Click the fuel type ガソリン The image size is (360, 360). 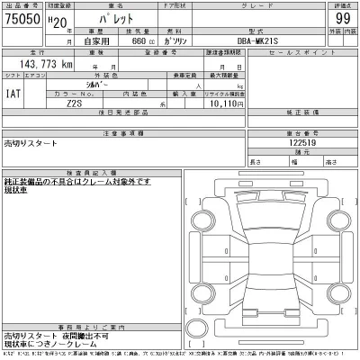183,42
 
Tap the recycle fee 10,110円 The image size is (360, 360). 227,104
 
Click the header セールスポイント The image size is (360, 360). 302,54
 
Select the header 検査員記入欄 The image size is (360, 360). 92,171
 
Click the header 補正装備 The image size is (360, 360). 302,112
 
